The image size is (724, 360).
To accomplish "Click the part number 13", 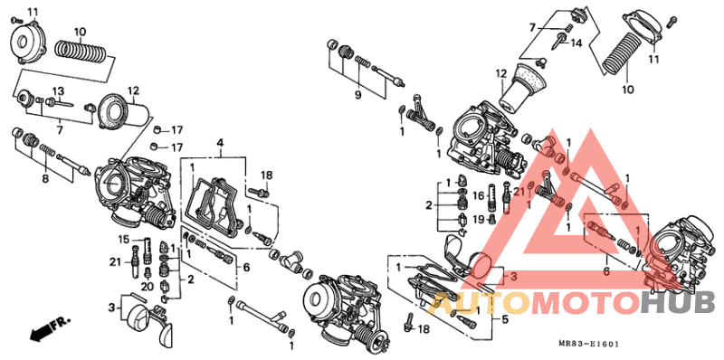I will pos(57,91).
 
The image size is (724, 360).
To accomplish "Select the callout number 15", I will pos(125,239).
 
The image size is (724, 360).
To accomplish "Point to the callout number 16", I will pos(479,195).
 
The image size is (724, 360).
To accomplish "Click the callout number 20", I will pos(147,287).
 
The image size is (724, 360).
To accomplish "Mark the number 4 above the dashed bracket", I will pos(219,143).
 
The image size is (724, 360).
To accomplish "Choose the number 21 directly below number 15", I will pos(115,262).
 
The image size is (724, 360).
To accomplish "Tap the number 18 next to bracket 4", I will pos(266,175).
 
